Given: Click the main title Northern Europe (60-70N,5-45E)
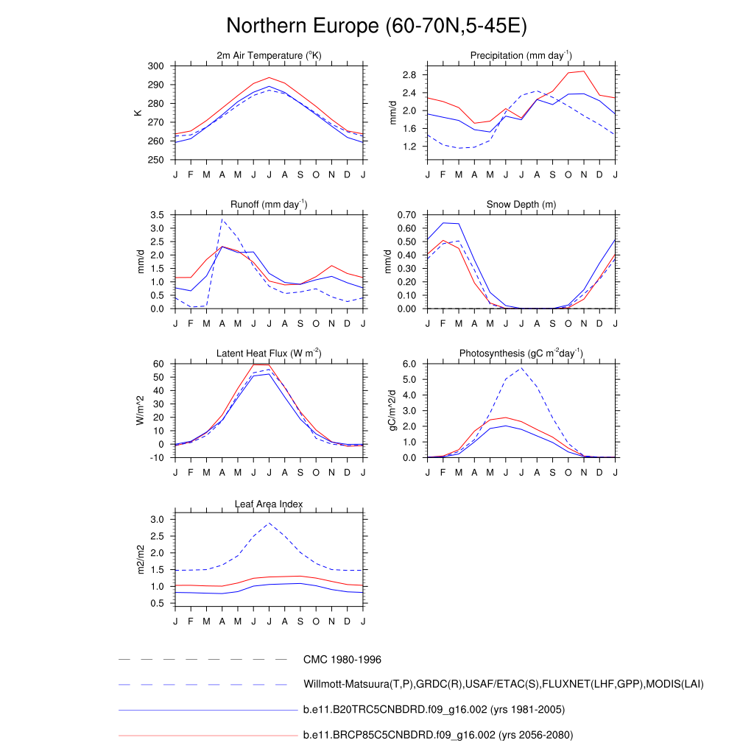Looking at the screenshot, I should coord(376,26).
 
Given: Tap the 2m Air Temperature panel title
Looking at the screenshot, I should coord(269,56).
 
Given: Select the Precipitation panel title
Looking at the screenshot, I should coord(521,56).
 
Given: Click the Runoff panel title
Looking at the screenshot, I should coord(269,205).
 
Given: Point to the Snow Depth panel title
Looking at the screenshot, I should coord(521,205).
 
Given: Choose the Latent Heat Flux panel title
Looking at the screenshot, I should coord(269,353).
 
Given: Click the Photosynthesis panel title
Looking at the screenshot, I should coord(521,353).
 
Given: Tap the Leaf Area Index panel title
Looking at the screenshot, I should coord(269,504).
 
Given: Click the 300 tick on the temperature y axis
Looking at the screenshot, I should coord(155,66).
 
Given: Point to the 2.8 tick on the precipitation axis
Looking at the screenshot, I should coord(411,75).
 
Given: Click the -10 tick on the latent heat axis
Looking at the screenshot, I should coord(157,458).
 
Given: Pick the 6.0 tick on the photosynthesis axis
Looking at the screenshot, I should coord(411,364).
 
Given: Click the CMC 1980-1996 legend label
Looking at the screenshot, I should coord(342,660).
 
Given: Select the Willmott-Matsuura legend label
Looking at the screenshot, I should coord(504,685).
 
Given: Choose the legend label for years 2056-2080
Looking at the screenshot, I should coord(438,735).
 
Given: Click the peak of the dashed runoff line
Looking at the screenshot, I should coord(222,219).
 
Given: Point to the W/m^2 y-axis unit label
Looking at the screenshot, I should coord(140,411).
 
